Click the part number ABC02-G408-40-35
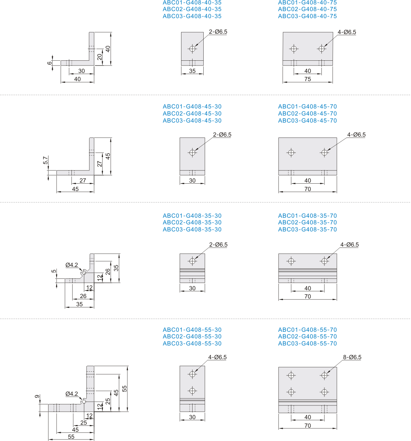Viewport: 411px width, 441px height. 192,9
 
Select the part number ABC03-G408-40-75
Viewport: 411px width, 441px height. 307,16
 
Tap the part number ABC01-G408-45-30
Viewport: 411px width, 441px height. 192,107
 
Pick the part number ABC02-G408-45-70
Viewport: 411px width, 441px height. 307,114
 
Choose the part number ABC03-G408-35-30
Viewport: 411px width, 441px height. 192,230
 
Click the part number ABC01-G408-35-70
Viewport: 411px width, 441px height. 307,216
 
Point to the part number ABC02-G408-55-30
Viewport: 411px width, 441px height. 192,337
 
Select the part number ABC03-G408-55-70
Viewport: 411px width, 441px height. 307,343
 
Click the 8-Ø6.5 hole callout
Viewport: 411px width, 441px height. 352,357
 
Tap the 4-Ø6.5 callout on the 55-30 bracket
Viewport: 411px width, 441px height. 217,357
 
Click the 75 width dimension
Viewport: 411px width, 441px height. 308,79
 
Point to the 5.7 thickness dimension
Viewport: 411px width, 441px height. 46,160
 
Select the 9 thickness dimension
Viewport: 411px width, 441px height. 37,397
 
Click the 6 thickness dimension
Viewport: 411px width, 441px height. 50,63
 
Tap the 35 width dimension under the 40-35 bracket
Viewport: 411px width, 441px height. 193,71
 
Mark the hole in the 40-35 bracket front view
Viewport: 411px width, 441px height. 193,49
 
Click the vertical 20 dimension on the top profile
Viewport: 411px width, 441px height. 100,57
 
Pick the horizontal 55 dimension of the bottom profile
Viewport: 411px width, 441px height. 71,437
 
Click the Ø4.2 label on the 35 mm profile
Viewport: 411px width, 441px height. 72,265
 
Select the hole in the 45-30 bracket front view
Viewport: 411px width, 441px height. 193,153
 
